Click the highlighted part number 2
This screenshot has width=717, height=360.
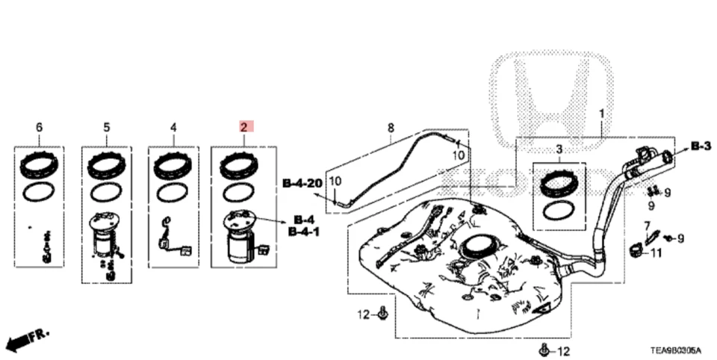coord(243,128)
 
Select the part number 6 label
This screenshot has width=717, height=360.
coord(40,128)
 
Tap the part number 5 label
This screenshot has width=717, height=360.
coord(106,128)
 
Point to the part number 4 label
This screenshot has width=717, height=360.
coord(173,128)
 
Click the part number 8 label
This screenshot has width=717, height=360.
coord(390,128)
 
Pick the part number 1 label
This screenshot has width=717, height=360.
coord(600,113)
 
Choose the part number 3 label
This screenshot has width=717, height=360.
coord(559,151)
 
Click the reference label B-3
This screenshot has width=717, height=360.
coord(700,146)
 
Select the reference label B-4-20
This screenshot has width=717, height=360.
coord(302,182)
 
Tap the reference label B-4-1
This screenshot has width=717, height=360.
coord(304,232)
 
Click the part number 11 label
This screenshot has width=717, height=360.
coord(656,252)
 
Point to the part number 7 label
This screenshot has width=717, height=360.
coord(647,225)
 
